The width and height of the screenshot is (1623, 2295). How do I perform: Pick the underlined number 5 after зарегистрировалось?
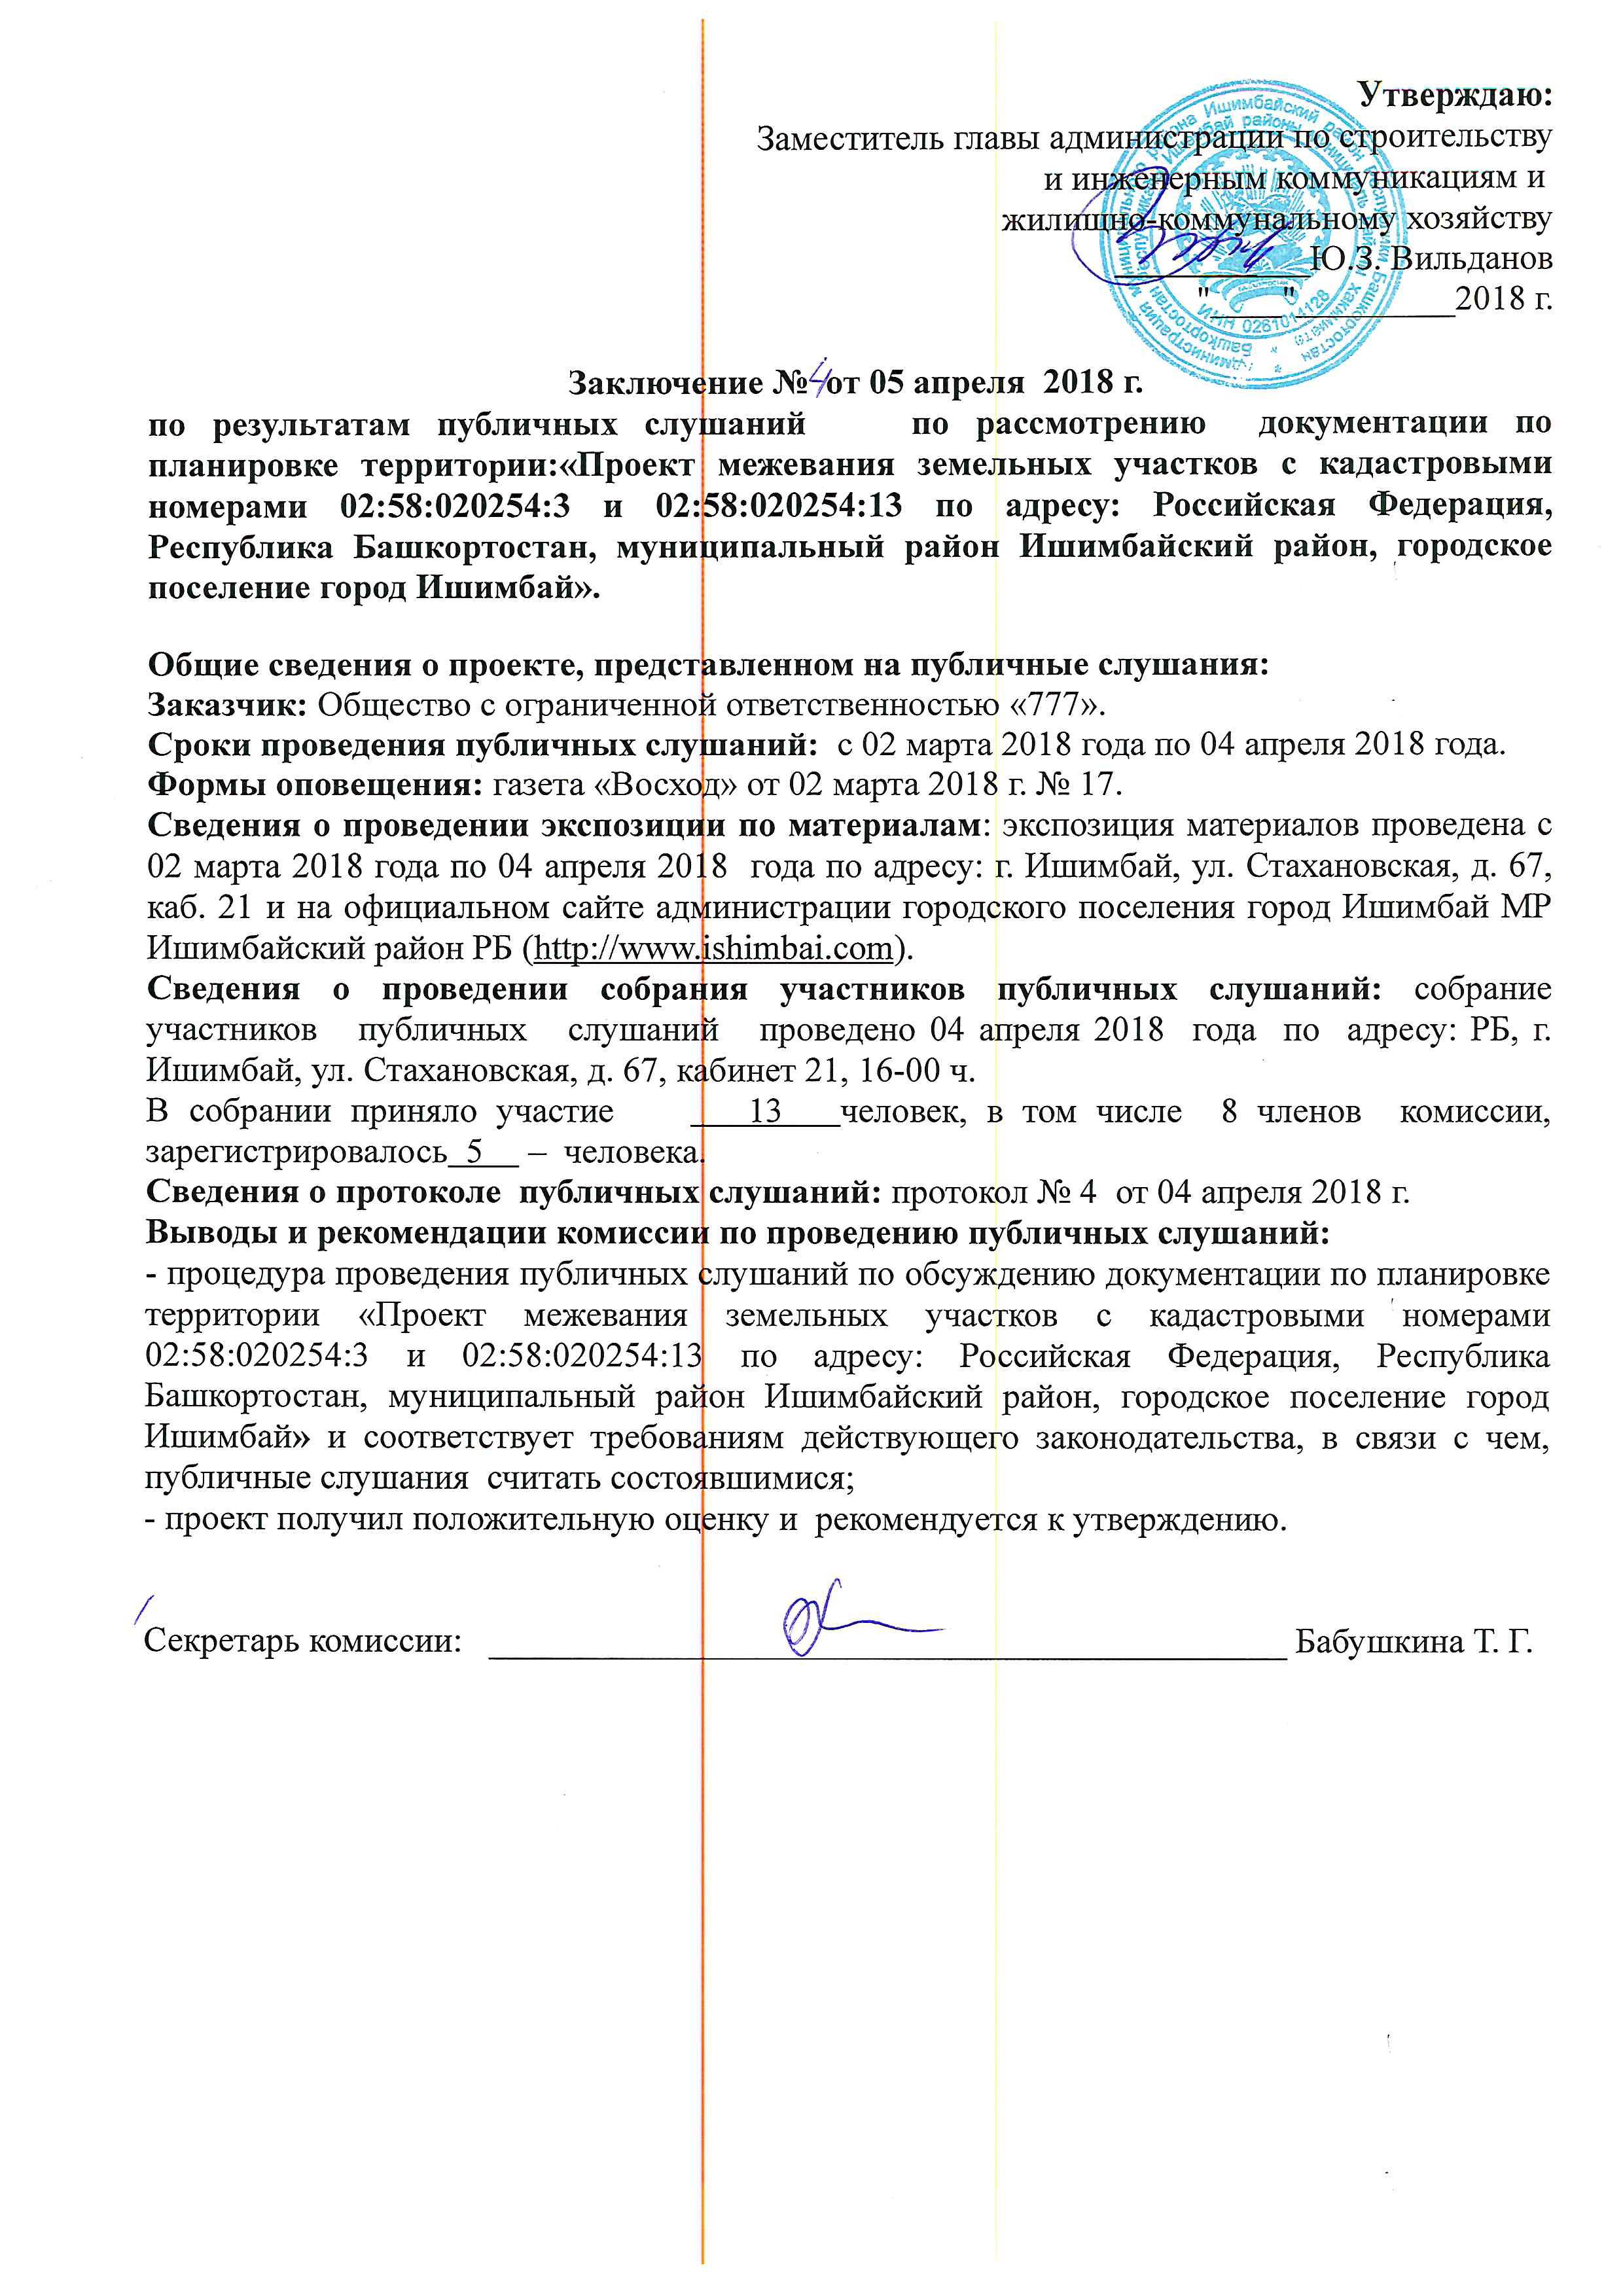(x=474, y=1152)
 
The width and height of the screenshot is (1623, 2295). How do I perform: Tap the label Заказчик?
(x=228, y=705)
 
